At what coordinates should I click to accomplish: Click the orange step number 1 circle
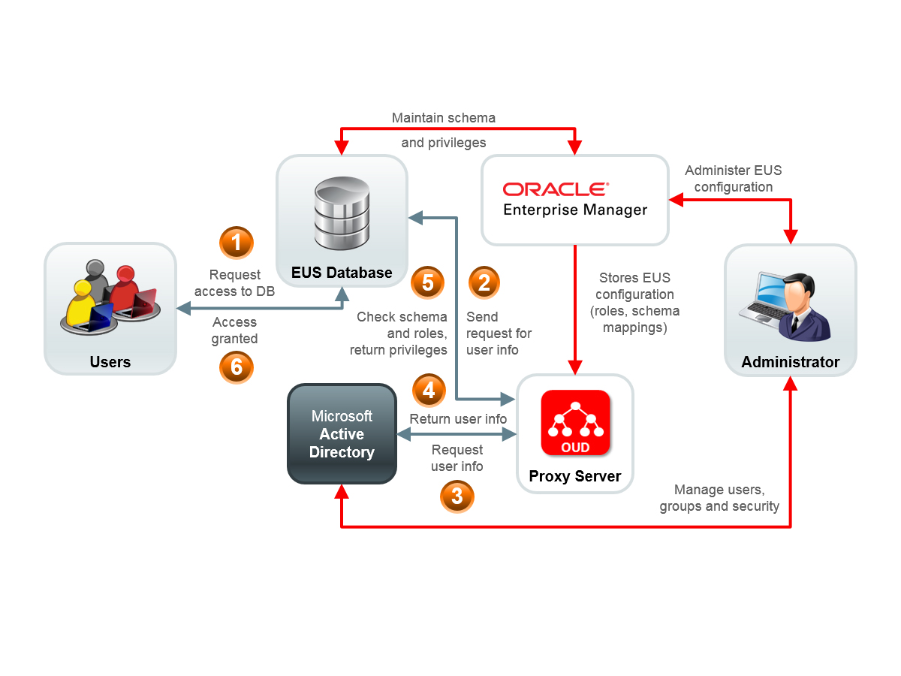pyautogui.click(x=237, y=243)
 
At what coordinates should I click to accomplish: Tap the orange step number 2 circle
pyautogui.click(x=484, y=282)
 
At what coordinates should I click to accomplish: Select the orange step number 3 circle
pyautogui.click(x=457, y=496)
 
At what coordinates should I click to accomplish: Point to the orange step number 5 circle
pyautogui.click(x=428, y=282)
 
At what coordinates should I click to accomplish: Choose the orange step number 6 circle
pyautogui.click(x=237, y=367)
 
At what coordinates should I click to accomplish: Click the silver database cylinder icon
pyautogui.click(x=342, y=215)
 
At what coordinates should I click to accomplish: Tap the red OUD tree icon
pyautogui.click(x=576, y=422)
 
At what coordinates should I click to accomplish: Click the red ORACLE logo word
pyautogui.click(x=556, y=189)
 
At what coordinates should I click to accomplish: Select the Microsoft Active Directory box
pyautogui.click(x=342, y=434)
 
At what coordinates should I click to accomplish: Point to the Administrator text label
pyautogui.click(x=791, y=362)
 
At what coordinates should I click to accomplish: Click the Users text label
pyautogui.click(x=110, y=362)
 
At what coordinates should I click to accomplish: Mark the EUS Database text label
pyautogui.click(x=342, y=273)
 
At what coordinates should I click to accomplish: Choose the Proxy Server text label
pyautogui.click(x=575, y=476)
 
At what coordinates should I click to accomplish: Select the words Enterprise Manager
pyautogui.click(x=575, y=210)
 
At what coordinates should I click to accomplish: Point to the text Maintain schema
pyautogui.click(x=444, y=118)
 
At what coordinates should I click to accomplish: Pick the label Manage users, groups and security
pyautogui.click(x=719, y=498)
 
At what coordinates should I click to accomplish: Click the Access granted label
pyautogui.click(x=235, y=330)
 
